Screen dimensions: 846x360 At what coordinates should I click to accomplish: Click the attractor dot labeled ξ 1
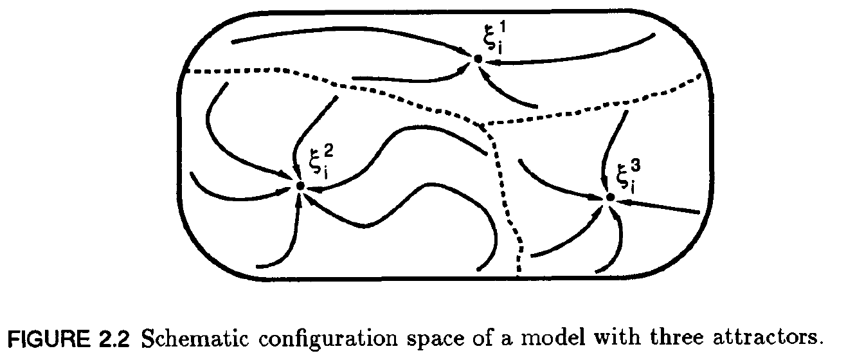click(x=478, y=59)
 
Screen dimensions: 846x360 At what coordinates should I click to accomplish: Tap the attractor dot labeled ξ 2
click(x=300, y=186)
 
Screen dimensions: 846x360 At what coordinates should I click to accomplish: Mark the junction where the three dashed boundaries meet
click(x=483, y=123)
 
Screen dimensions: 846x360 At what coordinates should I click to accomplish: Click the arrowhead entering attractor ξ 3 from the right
click(x=626, y=202)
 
